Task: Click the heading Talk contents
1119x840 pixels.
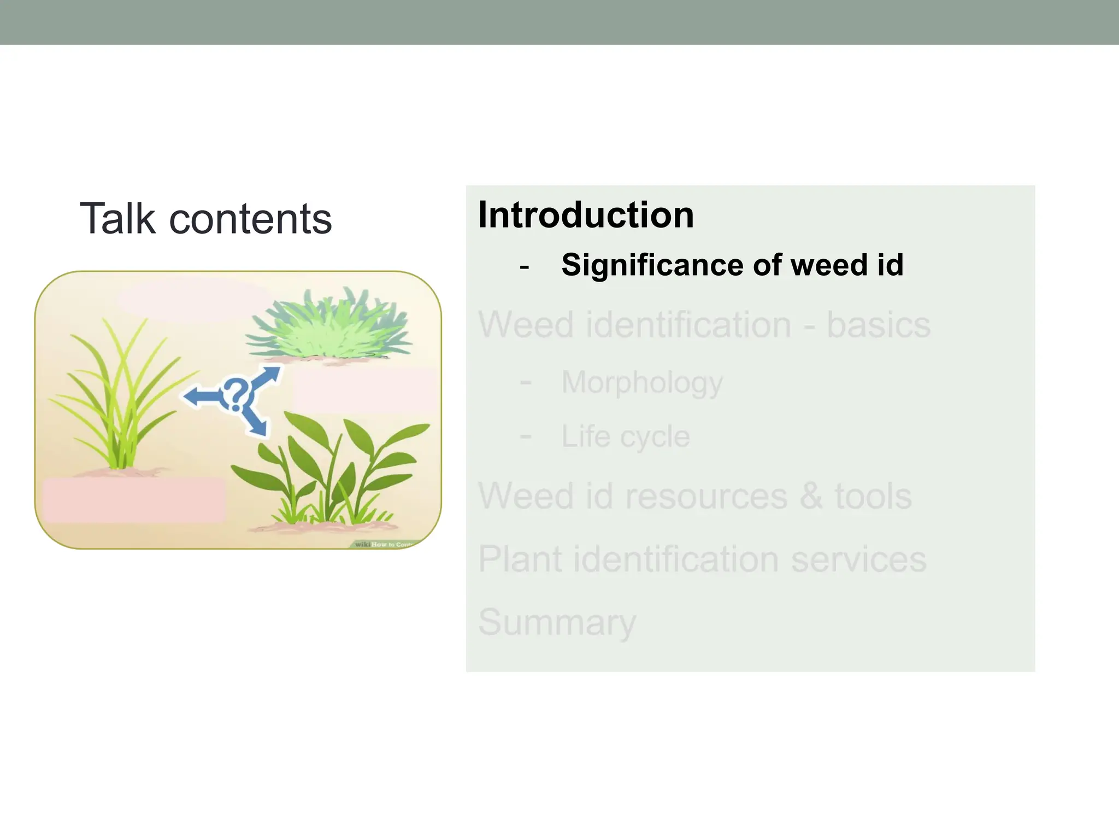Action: [205, 219]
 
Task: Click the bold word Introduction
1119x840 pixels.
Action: [586, 215]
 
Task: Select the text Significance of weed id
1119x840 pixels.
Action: [732, 265]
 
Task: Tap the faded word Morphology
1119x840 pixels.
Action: [641, 382]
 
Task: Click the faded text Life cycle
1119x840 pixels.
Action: [626, 436]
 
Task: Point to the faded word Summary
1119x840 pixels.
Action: [557, 622]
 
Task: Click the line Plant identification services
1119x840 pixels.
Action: [702, 559]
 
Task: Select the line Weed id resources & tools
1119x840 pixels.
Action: [695, 496]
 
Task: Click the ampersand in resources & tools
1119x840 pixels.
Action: [811, 496]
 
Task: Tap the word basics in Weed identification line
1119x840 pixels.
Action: [878, 325]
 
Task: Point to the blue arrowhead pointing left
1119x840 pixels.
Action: [191, 396]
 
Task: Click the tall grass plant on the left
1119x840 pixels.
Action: [117, 399]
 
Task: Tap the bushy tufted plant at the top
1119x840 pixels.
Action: [328, 328]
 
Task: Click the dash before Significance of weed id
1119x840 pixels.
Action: [525, 267]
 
